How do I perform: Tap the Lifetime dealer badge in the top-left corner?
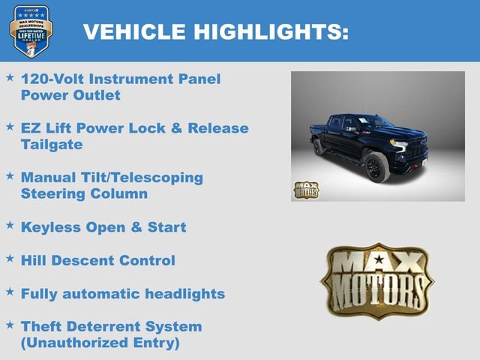coord(31,31)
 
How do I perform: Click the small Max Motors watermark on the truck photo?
coord(306,190)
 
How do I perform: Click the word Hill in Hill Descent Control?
coord(33,260)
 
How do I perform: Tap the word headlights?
coord(184,293)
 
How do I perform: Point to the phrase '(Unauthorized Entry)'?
coord(100,343)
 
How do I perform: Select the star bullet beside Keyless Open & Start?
coord(10,225)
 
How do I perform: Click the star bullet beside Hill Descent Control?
coord(10,258)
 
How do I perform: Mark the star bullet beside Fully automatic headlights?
coord(10,291)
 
